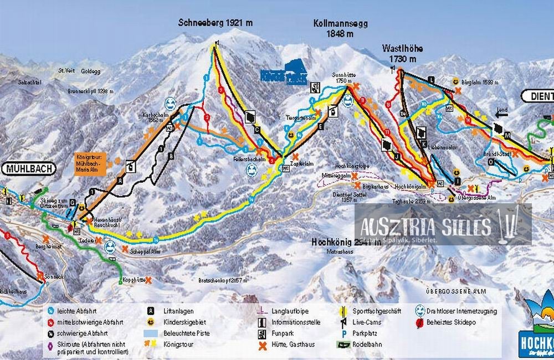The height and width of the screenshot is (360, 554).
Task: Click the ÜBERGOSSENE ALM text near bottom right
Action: [x=455, y=289]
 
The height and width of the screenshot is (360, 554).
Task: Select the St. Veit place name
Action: [x=66, y=70]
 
